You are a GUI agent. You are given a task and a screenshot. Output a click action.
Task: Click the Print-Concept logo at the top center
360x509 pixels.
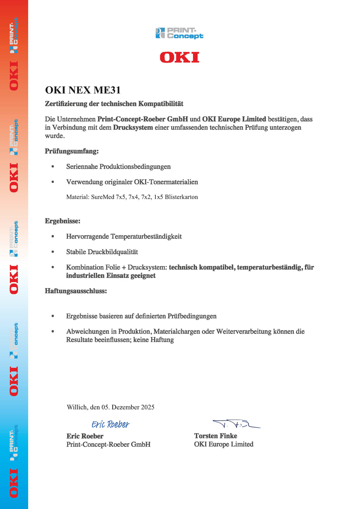[179, 33]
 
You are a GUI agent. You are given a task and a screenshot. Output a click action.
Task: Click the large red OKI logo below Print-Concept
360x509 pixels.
[179, 57]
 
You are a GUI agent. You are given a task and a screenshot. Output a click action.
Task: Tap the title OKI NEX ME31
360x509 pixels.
[83, 90]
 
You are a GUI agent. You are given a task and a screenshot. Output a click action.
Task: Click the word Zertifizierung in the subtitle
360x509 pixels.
[66, 104]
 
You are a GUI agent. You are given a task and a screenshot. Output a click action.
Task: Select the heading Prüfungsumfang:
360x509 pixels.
[72, 151]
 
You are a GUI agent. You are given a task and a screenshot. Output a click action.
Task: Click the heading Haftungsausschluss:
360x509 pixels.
[76, 291]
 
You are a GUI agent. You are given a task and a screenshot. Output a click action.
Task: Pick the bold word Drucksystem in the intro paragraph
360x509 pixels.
[133, 128]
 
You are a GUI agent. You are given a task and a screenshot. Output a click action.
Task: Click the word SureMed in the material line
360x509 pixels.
[103, 197]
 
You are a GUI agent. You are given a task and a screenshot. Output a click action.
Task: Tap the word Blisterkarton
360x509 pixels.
[181, 197]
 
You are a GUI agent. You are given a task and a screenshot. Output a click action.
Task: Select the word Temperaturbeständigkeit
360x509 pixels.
[146, 237]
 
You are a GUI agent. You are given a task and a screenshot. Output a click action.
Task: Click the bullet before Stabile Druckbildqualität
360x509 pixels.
[53, 252]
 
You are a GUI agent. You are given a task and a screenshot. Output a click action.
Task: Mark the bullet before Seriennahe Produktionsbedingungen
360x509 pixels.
[53, 167]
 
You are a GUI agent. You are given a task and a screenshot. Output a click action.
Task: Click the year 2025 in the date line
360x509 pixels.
[148, 407]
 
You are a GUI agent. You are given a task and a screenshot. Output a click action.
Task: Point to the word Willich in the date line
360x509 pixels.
[77, 407]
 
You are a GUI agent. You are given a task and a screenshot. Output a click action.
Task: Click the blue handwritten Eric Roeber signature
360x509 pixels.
[110, 424]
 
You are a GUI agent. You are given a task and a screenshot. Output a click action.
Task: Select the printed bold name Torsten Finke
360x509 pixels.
[216, 436]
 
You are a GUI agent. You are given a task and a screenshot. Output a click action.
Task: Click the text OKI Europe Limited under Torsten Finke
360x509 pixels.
[224, 444]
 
